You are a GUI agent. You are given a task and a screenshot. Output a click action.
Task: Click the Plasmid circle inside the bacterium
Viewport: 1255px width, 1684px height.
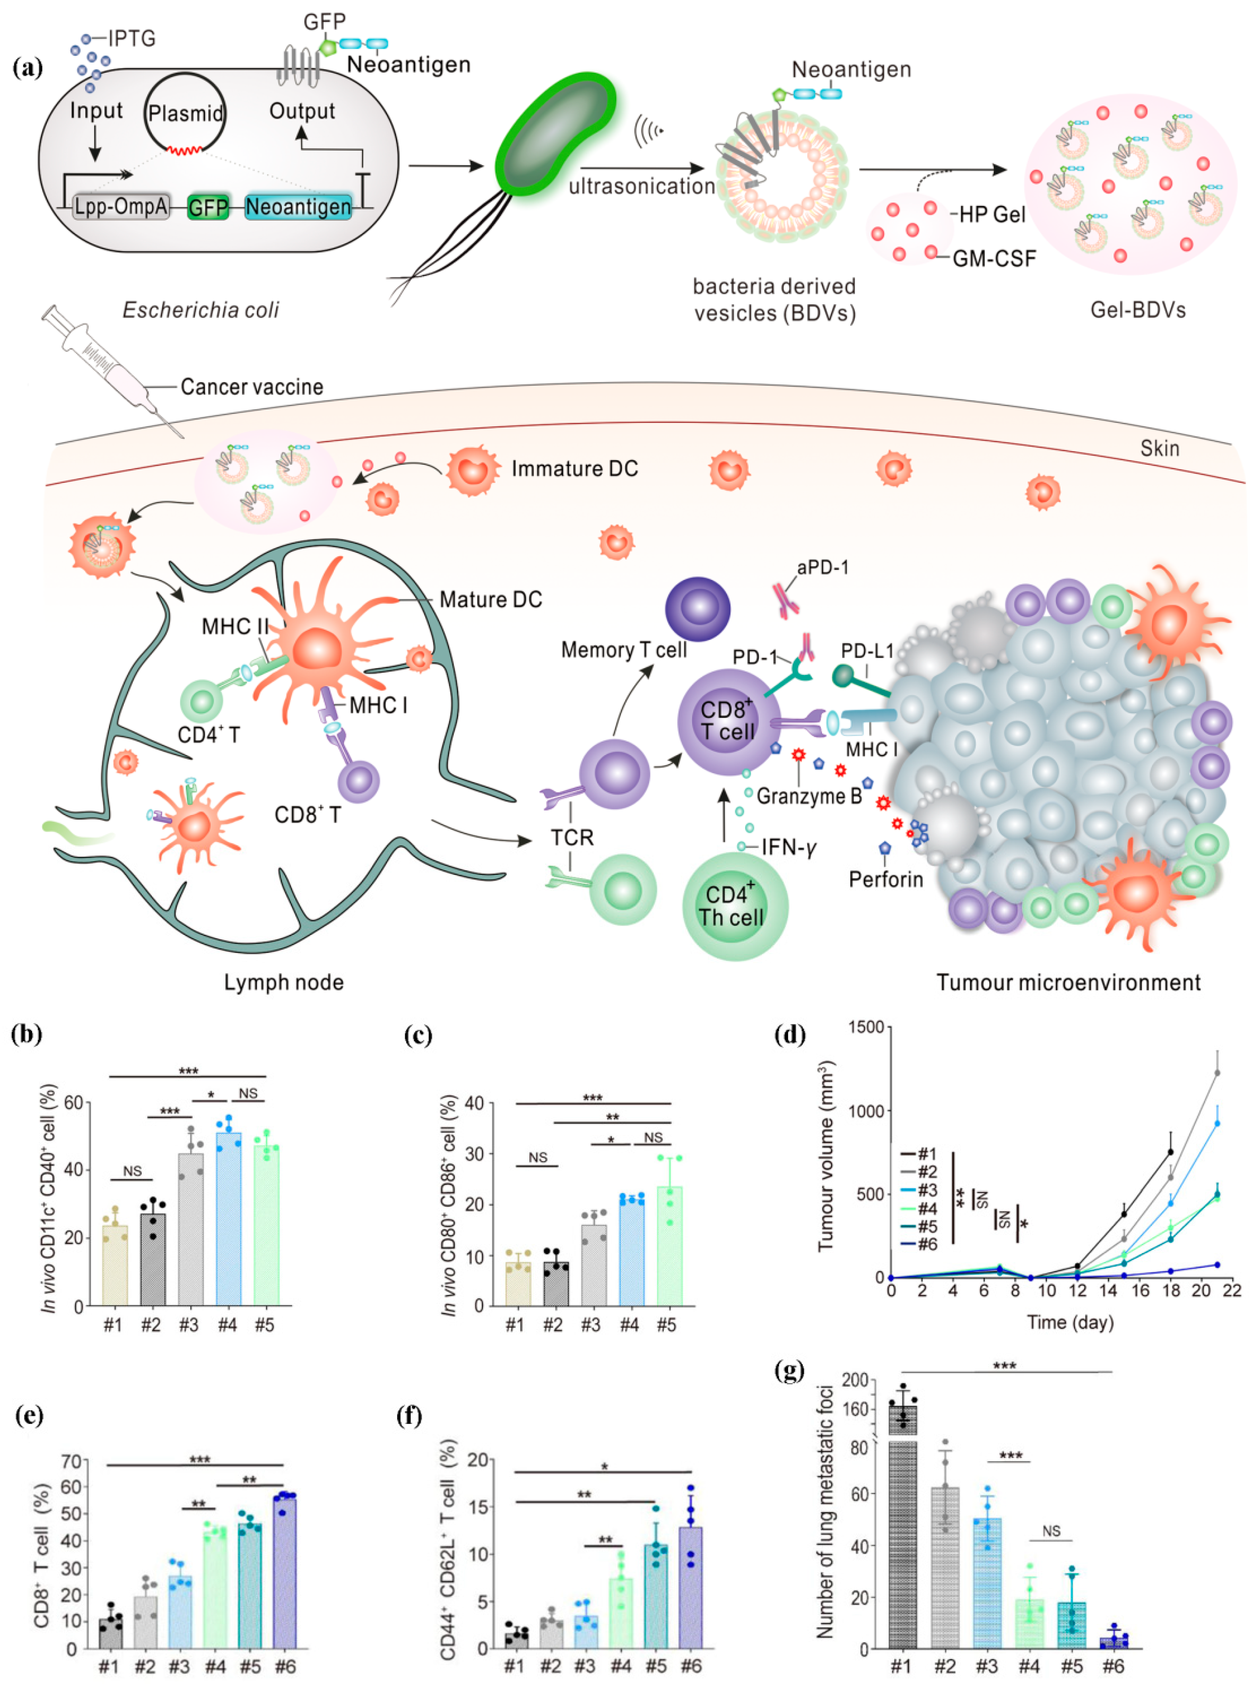click(x=185, y=114)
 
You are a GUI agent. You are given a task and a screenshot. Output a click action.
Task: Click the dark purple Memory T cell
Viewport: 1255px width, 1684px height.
click(x=698, y=609)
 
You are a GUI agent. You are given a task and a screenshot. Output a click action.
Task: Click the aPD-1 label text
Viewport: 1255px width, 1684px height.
click(x=823, y=567)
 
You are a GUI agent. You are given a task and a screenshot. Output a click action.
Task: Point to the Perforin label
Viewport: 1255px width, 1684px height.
click(x=886, y=880)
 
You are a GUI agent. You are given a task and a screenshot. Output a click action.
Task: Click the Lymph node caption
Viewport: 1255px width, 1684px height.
click(x=283, y=983)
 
